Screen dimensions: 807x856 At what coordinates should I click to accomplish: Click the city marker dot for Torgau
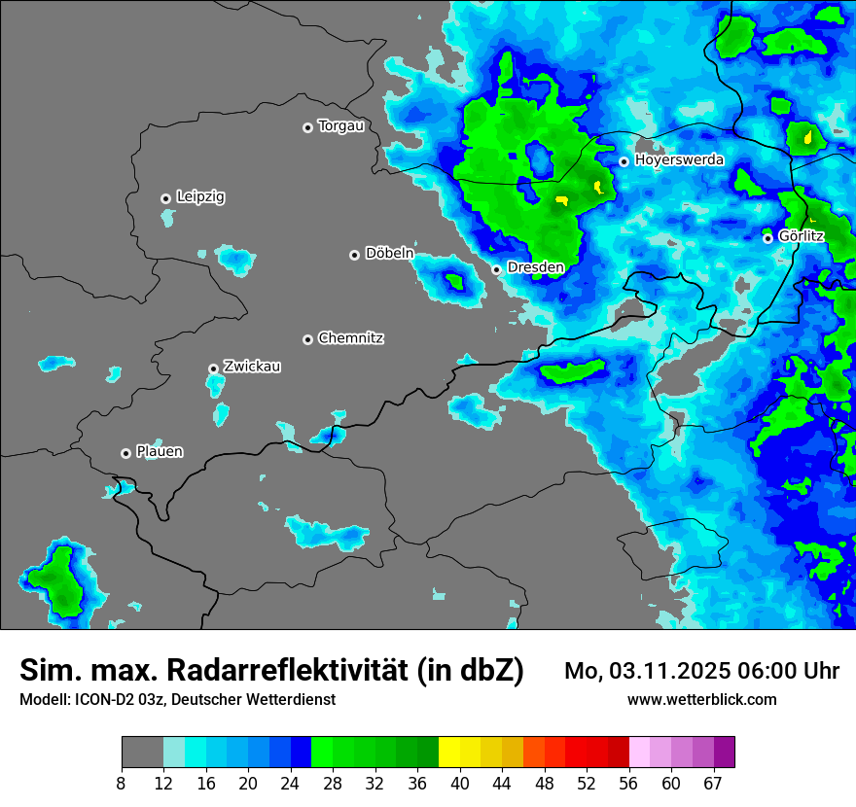(307, 127)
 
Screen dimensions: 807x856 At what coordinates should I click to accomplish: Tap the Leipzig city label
(200, 196)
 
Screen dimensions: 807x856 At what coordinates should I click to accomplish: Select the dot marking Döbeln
(354, 255)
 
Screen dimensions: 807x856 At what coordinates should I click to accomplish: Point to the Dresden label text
(535, 266)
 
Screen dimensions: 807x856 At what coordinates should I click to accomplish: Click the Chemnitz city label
(350, 338)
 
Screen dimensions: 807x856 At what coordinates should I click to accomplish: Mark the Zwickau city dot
(213, 368)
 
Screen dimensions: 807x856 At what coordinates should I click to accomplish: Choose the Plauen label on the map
(160, 451)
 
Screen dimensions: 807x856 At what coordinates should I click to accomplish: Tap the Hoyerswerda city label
(679, 159)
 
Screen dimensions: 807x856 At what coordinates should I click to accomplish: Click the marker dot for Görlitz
(767, 237)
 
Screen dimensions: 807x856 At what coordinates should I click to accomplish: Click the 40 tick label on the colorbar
(460, 784)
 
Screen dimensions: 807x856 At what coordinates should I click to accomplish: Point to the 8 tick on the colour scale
(121, 784)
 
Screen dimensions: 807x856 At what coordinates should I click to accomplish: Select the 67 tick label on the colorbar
(714, 784)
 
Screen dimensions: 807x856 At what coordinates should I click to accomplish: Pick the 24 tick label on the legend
(291, 784)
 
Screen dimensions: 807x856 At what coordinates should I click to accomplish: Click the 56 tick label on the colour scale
(629, 784)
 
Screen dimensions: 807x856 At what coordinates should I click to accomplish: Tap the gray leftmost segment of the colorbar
(142, 753)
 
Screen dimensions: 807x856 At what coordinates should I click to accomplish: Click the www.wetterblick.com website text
(701, 699)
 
